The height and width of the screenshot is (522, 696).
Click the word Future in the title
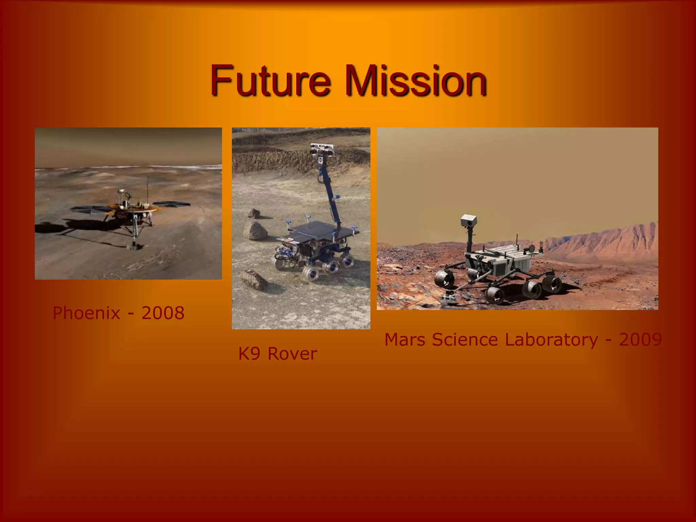coord(270,81)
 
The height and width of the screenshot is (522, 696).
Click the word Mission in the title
coord(416,81)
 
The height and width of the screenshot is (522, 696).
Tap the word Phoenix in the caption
coord(86,313)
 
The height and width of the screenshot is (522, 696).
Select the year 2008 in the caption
coord(163,313)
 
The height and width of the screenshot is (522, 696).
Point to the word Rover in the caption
coord(292,354)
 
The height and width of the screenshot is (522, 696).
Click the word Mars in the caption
coord(404,340)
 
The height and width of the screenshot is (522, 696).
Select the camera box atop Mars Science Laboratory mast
coord(468,221)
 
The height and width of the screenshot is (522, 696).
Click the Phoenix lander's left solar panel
coord(90,209)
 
